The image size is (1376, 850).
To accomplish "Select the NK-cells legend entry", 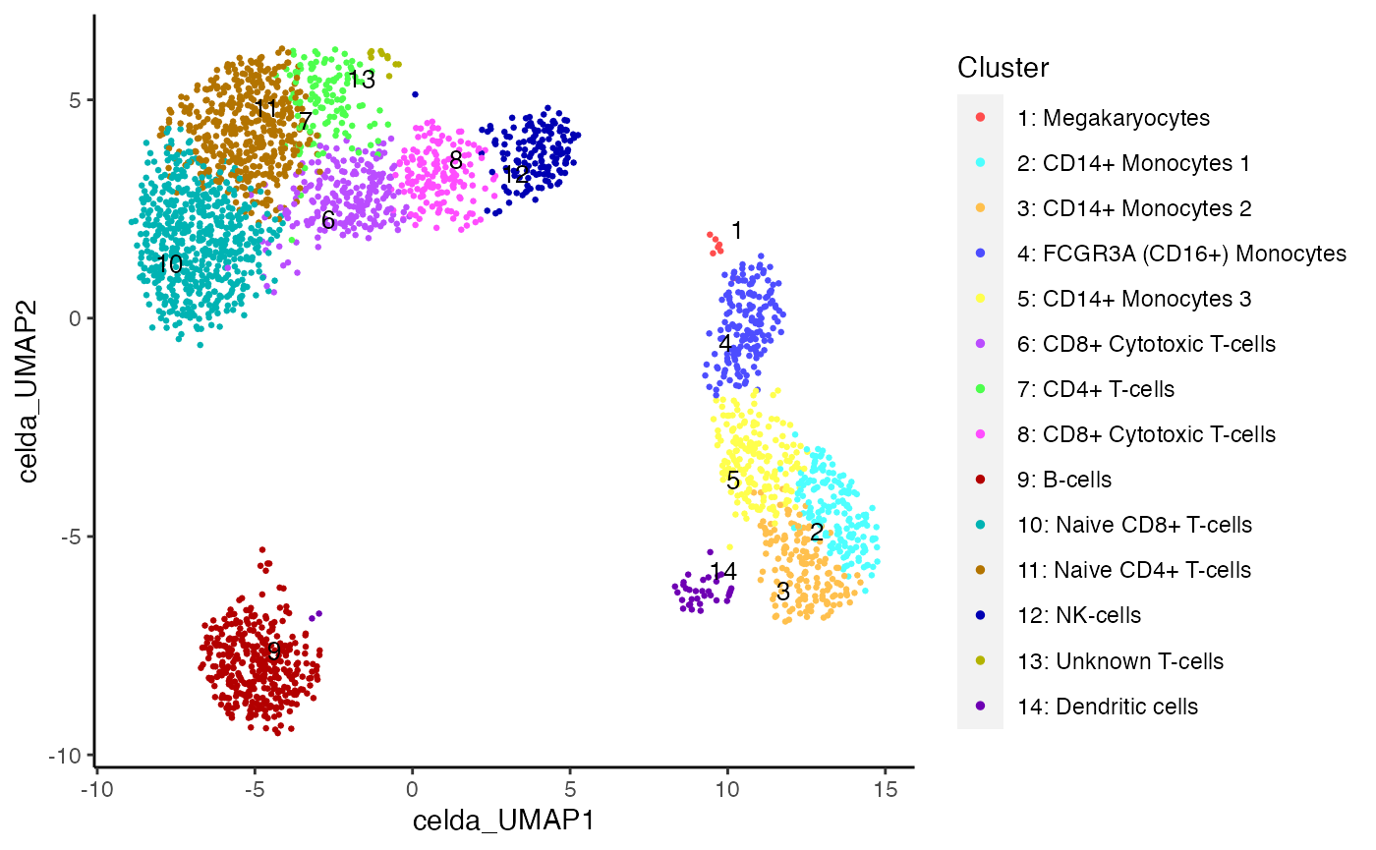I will pyautogui.click(x=1078, y=615).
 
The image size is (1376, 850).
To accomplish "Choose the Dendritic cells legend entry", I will pyautogui.click(x=1107, y=706).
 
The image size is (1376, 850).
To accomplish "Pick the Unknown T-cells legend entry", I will pyautogui.click(x=1119, y=660).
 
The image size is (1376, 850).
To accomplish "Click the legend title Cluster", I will pyautogui.click(x=1003, y=68).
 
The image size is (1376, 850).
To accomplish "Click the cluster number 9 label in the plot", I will pyautogui.click(x=274, y=651).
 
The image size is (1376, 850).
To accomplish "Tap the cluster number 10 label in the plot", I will pyautogui.click(x=169, y=264).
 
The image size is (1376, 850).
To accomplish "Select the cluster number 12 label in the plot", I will pyautogui.click(x=516, y=175).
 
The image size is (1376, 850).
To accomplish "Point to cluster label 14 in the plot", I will pyautogui.click(x=723, y=571).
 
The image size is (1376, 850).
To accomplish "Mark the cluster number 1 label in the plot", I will pyautogui.click(x=736, y=231).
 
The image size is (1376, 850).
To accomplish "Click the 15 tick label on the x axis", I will pyautogui.click(x=885, y=789).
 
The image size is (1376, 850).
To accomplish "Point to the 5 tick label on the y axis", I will pyautogui.click(x=75, y=99).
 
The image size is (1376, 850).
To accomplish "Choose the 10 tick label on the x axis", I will pyautogui.click(x=727, y=789).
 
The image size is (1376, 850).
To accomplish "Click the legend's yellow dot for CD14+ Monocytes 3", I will pyautogui.click(x=980, y=299).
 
